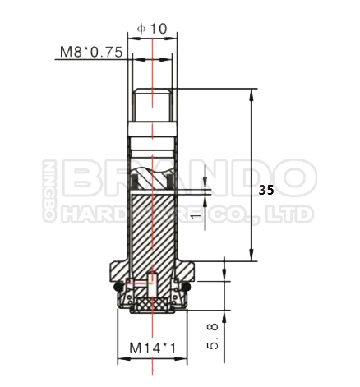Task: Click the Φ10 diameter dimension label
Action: [x=152, y=28]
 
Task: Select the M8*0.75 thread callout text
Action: [x=91, y=52]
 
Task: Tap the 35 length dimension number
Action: [x=266, y=190]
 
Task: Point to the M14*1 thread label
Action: [x=152, y=348]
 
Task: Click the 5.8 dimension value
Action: [x=213, y=336]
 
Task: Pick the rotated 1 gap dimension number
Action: [x=196, y=216]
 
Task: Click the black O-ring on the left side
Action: [x=118, y=288]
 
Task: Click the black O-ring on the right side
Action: [x=187, y=288]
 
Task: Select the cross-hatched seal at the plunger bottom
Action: [x=152, y=303]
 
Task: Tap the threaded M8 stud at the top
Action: [x=152, y=105]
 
